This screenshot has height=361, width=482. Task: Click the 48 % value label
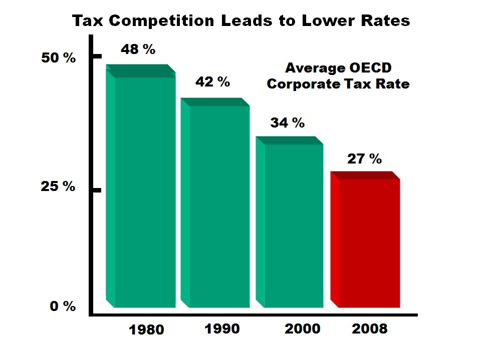(x=138, y=49)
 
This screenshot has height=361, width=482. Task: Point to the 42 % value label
(x=212, y=82)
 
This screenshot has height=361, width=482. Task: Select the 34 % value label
(x=288, y=122)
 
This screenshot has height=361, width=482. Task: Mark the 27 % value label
(x=364, y=159)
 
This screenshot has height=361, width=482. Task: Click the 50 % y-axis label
(x=58, y=58)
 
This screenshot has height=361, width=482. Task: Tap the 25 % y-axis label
(x=58, y=187)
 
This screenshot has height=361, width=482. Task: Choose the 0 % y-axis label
(x=63, y=306)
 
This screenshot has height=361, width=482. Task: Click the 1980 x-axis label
(x=146, y=329)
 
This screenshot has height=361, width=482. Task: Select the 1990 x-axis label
(x=222, y=328)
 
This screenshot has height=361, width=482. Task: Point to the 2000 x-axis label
(x=302, y=328)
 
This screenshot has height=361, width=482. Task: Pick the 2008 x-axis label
(x=369, y=328)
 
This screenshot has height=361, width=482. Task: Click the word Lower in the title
(x=327, y=21)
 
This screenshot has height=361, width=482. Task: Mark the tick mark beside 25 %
(x=97, y=190)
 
